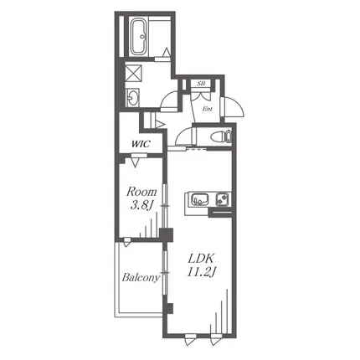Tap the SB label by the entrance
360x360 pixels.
(x=201, y=83)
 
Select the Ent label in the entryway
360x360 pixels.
(x=208, y=109)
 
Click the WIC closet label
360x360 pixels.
(x=141, y=144)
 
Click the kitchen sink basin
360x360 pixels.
(x=200, y=200)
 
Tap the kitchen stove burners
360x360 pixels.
(x=223, y=200)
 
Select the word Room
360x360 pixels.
(x=141, y=193)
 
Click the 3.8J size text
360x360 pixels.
(x=142, y=206)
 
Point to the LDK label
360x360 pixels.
(x=201, y=259)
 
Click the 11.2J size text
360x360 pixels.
(x=202, y=272)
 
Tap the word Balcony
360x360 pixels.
(x=141, y=278)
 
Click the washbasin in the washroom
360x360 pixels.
(x=132, y=97)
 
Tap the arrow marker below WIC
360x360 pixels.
(x=136, y=162)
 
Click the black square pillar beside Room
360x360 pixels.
(x=166, y=235)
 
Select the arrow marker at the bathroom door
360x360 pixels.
(x=167, y=52)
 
